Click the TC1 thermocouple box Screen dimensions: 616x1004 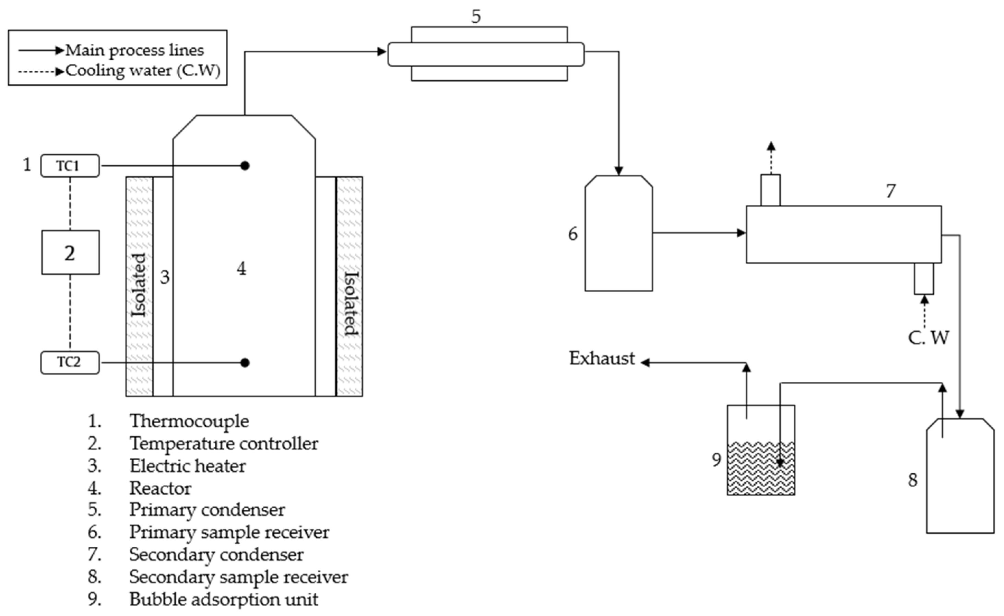(x=70, y=166)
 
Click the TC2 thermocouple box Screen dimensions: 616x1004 (x=70, y=362)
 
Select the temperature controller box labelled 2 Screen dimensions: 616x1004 (x=70, y=252)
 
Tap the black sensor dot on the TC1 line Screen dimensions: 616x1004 (x=245, y=166)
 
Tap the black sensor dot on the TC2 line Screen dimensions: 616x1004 (x=245, y=363)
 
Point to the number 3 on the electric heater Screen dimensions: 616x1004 (x=165, y=277)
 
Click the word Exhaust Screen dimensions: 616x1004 (x=602, y=358)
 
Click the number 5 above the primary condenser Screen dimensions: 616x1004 (x=476, y=16)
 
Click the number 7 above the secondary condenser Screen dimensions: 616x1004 (x=891, y=191)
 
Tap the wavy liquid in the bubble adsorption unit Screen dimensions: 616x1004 (x=760, y=469)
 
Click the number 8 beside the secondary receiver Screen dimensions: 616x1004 (x=913, y=480)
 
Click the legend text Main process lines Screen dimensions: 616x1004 (x=134, y=50)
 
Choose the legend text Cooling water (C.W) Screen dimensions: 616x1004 (x=143, y=70)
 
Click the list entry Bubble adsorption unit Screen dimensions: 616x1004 (x=224, y=599)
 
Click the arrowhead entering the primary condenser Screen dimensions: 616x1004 (x=382, y=52)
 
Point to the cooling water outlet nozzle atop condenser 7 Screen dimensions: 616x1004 (x=770, y=190)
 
